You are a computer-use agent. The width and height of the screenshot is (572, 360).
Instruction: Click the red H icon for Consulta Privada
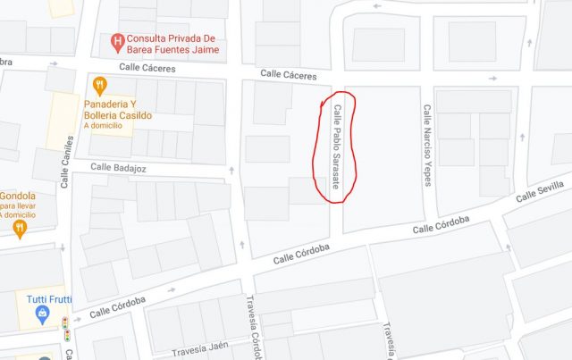pyautogui.click(x=116, y=41)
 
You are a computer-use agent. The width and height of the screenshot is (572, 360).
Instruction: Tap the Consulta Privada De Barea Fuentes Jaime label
pyautogui.click(x=172, y=45)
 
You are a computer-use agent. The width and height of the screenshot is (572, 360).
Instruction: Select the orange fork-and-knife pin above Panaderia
pyautogui.click(x=99, y=86)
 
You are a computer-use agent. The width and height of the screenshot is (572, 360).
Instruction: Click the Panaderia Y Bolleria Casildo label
pyautogui.click(x=123, y=110)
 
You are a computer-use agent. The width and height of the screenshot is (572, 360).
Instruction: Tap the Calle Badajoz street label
pyautogui.click(x=119, y=168)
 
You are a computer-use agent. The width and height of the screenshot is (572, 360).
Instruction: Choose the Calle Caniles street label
pyautogui.click(x=65, y=162)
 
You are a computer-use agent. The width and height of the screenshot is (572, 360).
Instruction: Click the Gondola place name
pyautogui.click(x=18, y=196)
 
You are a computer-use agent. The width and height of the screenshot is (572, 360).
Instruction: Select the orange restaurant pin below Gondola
pyautogui.click(x=20, y=230)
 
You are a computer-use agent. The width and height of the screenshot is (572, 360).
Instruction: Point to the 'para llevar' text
pyautogui.click(x=18, y=205)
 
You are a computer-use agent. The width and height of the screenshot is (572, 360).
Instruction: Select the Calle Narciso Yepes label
pyautogui.click(x=428, y=146)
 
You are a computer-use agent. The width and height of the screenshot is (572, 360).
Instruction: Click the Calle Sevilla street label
pyautogui.click(x=541, y=190)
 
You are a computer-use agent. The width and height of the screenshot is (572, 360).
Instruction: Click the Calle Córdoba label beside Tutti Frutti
pyautogui.click(x=117, y=306)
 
